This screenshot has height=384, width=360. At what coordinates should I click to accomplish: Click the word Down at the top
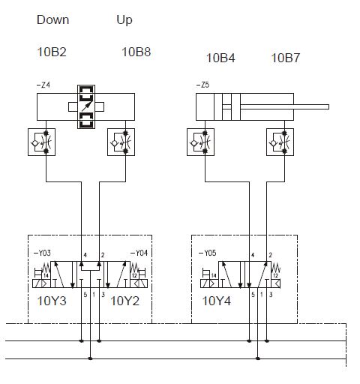52,19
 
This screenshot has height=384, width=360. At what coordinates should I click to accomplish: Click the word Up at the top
124,20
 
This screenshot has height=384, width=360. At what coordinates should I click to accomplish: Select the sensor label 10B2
52,52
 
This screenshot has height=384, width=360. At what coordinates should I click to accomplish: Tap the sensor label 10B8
136,52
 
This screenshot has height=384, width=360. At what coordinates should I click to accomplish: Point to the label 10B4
220,58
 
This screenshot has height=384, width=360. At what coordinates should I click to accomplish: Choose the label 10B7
286,58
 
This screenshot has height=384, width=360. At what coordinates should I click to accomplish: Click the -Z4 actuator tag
43,85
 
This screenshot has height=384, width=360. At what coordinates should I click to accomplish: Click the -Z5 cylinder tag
202,85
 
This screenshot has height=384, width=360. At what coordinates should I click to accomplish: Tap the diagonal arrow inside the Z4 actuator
87,106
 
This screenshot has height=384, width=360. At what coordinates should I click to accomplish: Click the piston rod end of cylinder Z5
328,107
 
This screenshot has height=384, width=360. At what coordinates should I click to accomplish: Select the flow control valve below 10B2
41,142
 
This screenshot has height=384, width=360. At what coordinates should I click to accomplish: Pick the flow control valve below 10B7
280,142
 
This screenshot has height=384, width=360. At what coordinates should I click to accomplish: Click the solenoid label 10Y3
52,301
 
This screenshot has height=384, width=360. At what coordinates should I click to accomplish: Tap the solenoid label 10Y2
124,301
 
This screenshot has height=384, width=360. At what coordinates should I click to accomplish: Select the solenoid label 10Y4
217,301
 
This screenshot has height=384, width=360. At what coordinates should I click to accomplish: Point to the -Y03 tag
42,253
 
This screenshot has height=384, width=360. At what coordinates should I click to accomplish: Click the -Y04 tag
139,253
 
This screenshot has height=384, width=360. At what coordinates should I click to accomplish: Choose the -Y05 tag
207,253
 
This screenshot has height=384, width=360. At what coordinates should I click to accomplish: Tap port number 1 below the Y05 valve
262,295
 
